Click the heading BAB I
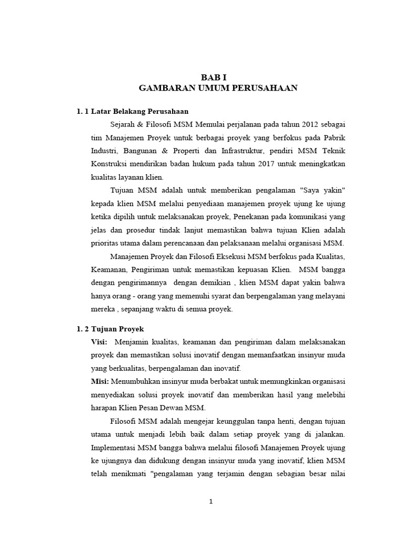[x=218, y=77]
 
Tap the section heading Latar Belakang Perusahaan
[x=140, y=111]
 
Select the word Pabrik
[x=333, y=137]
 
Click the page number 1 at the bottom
[x=211, y=501]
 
